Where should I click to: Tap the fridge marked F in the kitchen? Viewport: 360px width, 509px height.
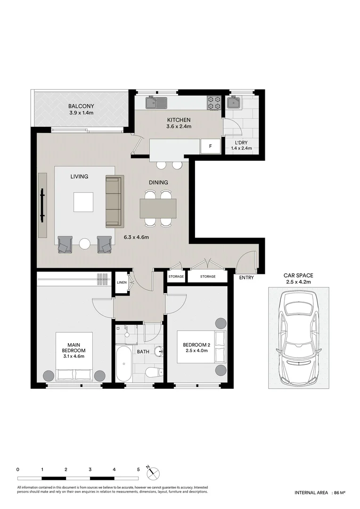point(211,146)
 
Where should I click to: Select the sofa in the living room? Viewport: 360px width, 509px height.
point(114,201)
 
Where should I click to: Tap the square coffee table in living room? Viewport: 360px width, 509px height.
point(83,202)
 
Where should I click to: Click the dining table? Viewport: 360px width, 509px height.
point(158,208)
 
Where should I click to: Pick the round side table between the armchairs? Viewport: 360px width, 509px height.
point(84,244)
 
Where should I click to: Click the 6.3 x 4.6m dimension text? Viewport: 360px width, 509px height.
point(136,237)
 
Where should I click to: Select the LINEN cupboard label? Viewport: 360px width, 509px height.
point(121,282)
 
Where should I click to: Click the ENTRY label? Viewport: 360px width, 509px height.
point(246,278)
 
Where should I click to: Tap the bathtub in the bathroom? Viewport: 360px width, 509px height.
point(124,364)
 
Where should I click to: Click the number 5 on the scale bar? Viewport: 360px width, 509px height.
point(138,469)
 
